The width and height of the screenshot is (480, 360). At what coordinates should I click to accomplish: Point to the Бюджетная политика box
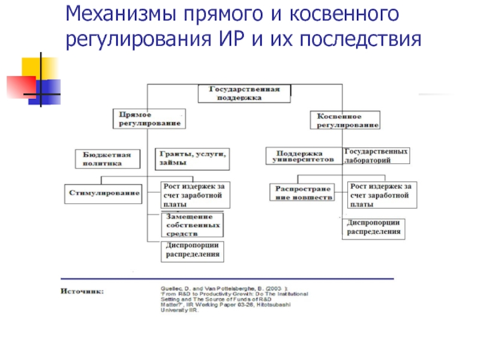(108, 158)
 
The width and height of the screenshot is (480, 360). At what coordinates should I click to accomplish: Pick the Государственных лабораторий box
(377, 156)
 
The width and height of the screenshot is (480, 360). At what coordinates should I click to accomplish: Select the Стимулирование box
(103, 193)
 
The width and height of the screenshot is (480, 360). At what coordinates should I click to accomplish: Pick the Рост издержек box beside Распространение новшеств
(380, 194)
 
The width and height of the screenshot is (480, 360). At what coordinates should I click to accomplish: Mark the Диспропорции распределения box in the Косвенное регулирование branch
(373, 228)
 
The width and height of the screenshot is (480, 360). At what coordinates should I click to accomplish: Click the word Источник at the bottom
(82, 292)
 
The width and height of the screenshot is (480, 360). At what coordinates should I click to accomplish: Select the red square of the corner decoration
(20, 85)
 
